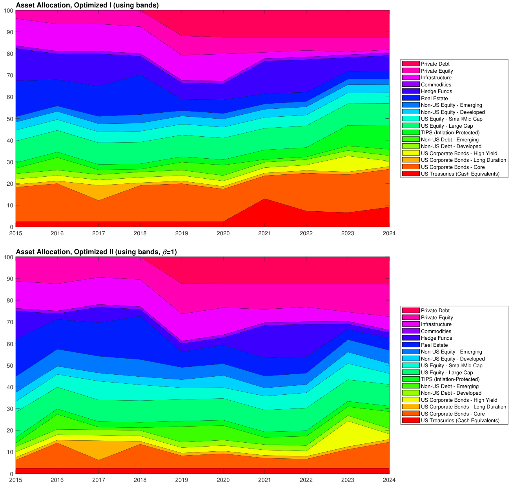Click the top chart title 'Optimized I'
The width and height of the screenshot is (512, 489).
click(x=87, y=5)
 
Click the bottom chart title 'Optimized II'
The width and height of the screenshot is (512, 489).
click(x=96, y=252)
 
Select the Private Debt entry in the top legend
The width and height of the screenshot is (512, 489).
click(x=435, y=64)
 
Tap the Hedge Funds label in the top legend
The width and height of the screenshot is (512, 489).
click(x=436, y=92)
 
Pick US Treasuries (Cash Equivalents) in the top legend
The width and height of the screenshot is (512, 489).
click(x=460, y=174)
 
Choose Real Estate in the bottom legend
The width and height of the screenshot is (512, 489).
click(x=434, y=345)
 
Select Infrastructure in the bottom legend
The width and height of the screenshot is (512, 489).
click(x=436, y=324)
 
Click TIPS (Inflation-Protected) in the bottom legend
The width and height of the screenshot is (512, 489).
click(x=450, y=379)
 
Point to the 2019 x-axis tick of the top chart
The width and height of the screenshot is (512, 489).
click(x=182, y=233)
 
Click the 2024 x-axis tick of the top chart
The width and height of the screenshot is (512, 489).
click(x=389, y=233)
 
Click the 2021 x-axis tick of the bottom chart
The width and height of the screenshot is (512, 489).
click(x=265, y=480)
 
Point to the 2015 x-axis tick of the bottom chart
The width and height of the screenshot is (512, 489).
click(x=16, y=480)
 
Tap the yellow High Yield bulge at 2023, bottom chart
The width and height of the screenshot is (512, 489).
click(x=347, y=434)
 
